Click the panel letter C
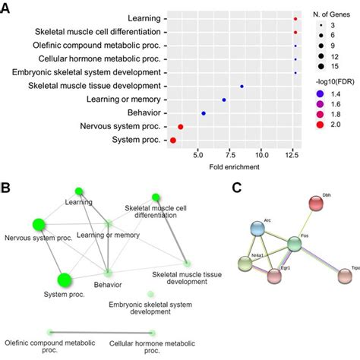point(237,187)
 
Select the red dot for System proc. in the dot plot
point(173,141)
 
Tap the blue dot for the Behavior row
point(204,113)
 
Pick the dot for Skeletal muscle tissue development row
point(242,86)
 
